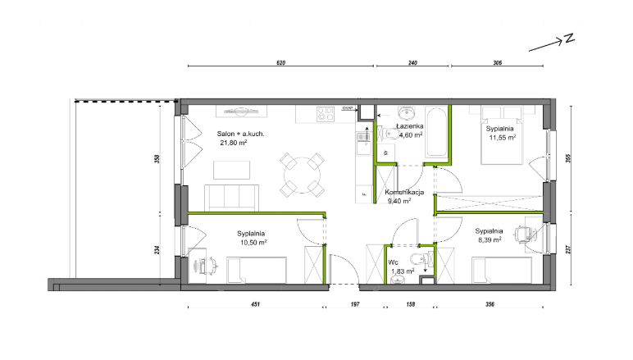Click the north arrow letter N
(x=569, y=39)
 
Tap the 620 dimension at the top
(x=281, y=63)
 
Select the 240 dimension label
(x=412, y=63)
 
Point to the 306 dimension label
(x=498, y=63)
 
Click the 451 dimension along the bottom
(x=255, y=304)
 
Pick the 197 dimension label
(x=355, y=304)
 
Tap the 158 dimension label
(x=410, y=304)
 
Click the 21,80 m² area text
(x=234, y=143)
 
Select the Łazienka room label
(x=410, y=126)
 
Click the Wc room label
(x=394, y=262)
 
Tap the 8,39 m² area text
(x=490, y=239)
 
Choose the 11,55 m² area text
(x=503, y=138)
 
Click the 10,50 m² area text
(x=254, y=243)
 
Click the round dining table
(x=302, y=175)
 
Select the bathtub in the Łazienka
(x=436, y=132)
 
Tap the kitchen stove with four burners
(x=326, y=114)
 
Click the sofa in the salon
(x=232, y=198)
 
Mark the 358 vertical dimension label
(x=157, y=158)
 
